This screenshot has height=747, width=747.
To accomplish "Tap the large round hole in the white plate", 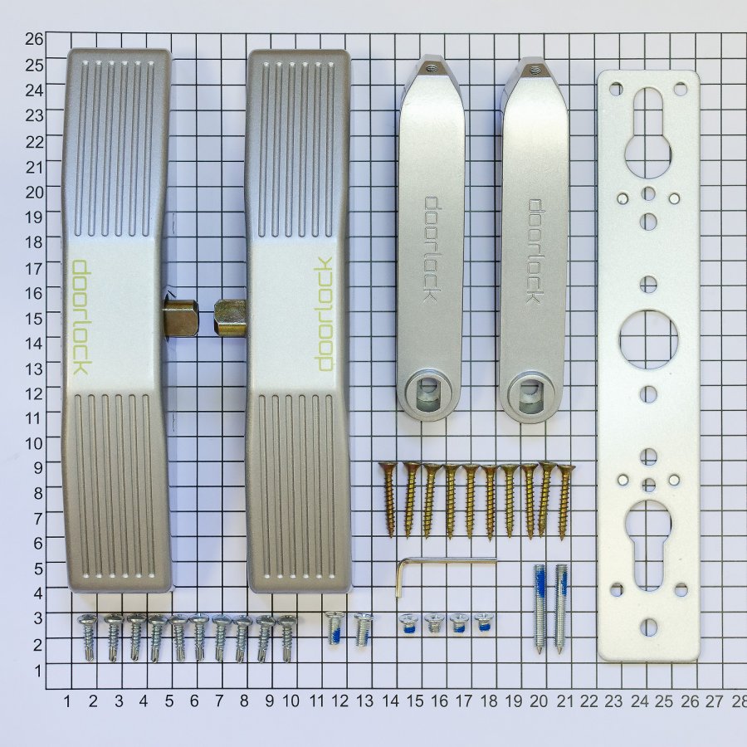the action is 648,339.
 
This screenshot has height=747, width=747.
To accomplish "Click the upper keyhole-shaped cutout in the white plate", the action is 648,134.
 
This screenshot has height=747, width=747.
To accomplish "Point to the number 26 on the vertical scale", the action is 34,39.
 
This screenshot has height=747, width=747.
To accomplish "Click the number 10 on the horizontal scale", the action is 290,701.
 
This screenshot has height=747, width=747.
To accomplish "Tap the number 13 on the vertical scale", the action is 34,369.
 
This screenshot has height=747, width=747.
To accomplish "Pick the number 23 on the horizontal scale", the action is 613,701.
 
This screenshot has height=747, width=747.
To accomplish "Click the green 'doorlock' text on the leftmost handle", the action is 81,317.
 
